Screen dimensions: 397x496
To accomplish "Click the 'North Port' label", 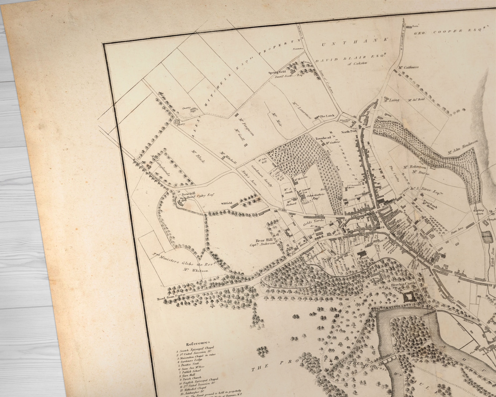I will click(349, 132).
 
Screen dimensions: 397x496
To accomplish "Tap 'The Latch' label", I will click(327, 116).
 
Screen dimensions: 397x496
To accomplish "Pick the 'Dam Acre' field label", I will click(456, 232).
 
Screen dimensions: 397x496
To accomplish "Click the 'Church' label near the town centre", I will click(363, 259).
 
